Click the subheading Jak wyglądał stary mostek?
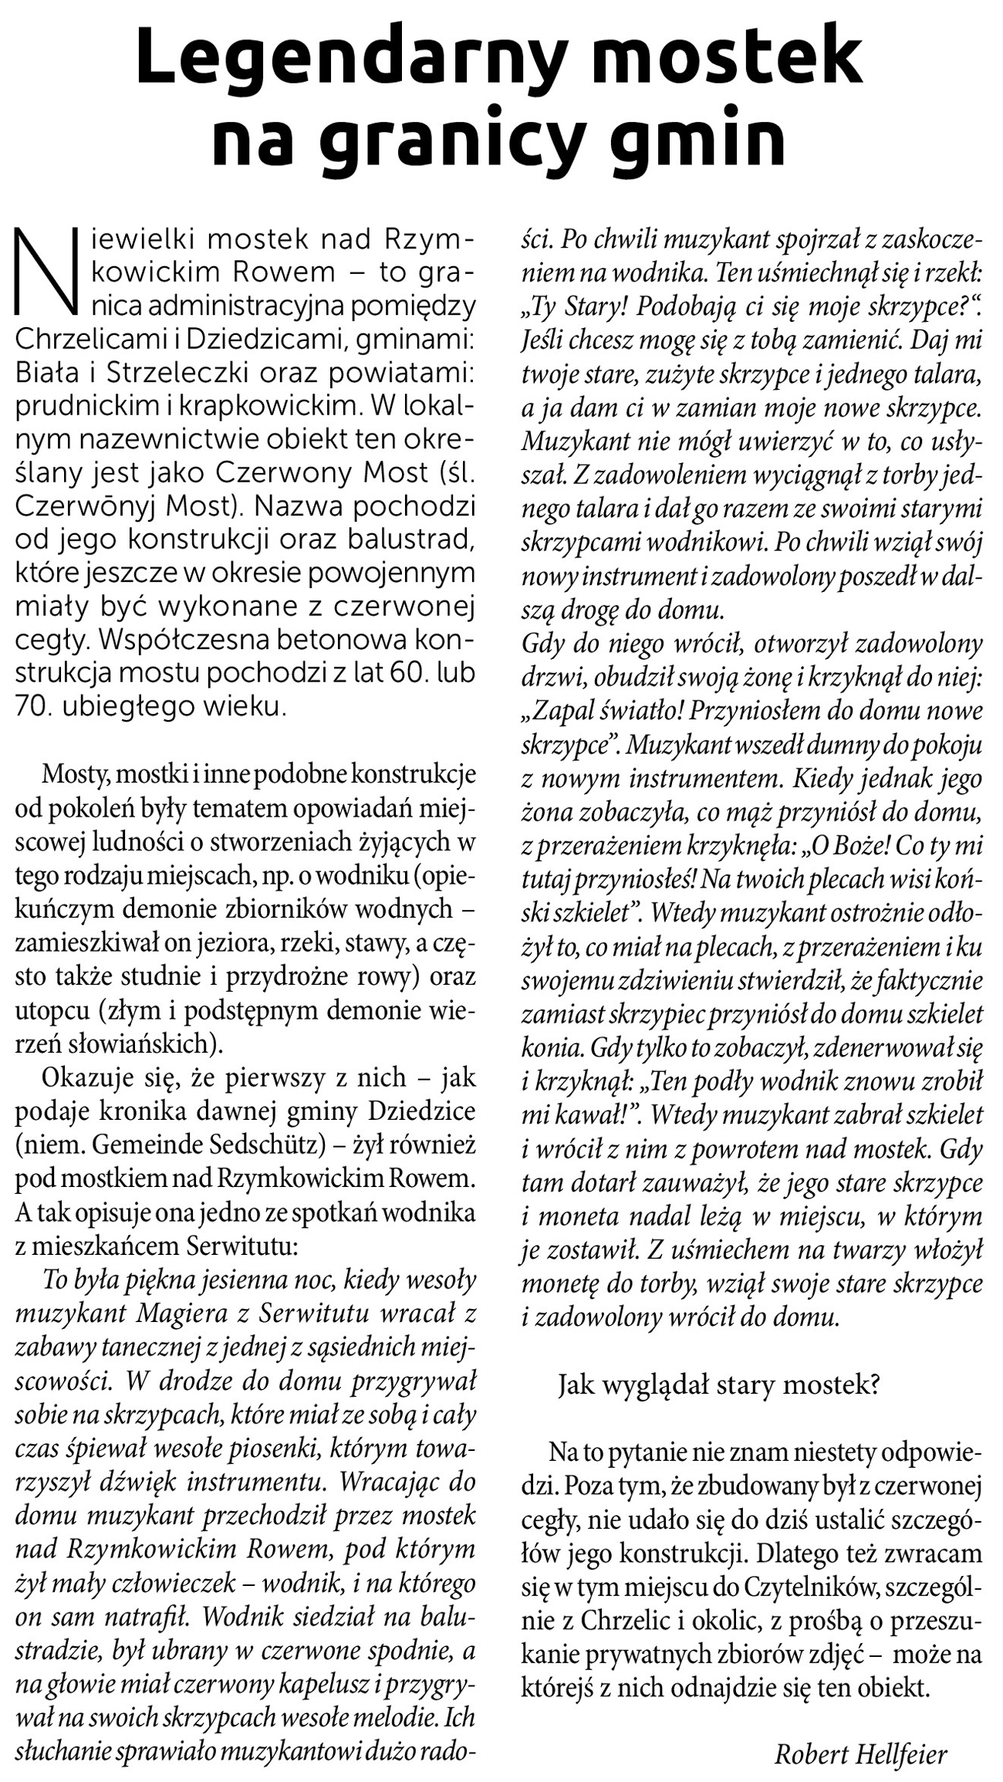pos(718,1385)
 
